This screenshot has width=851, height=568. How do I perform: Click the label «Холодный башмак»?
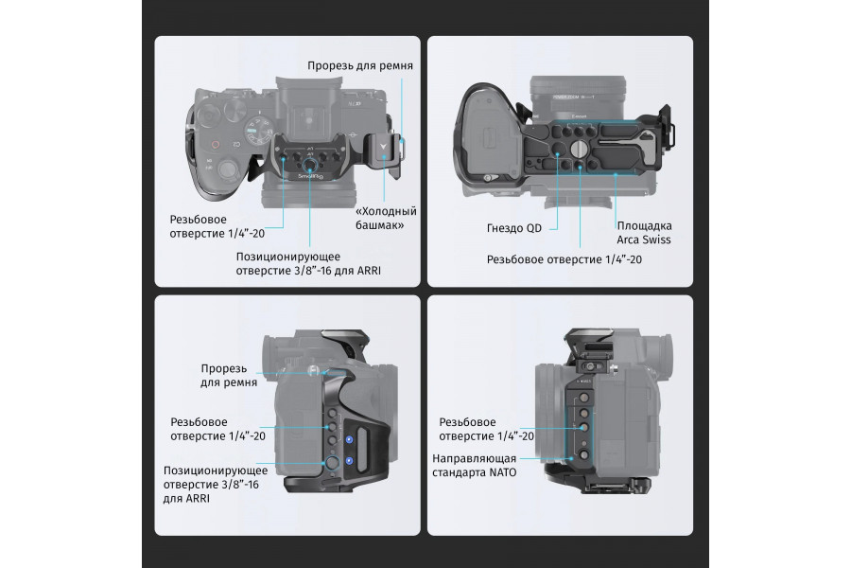pyautogui.click(x=385, y=218)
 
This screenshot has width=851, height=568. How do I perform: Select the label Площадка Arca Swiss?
pyautogui.click(x=644, y=233)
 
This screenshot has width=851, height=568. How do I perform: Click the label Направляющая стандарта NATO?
pyautogui.click(x=474, y=465)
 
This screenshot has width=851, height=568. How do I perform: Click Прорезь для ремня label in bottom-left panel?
pyautogui.click(x=223, y=375)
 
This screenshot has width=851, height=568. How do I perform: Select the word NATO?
pyautogui.click(x=502, y=471)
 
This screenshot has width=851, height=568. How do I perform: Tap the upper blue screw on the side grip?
pyautogui.click(x=350, y=438)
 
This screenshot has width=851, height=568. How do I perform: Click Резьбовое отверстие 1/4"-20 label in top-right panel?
pyautogui.click(x=564, y=258)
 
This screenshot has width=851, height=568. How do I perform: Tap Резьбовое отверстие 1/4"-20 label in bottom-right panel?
pyautogui.click(x=487, y=429)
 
